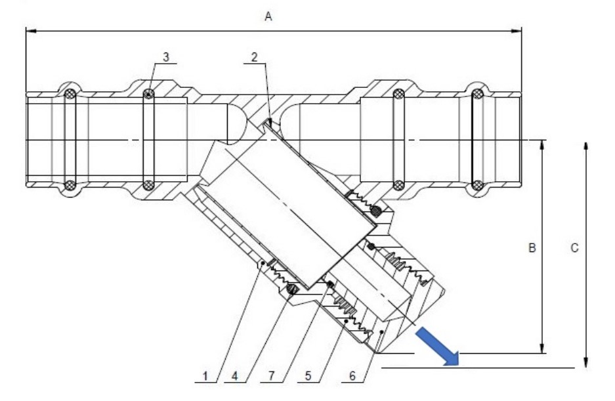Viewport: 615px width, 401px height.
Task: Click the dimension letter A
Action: pos(268,17)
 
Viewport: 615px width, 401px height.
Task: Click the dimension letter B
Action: pos(533,248)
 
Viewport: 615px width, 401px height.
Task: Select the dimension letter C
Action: pos(574,248)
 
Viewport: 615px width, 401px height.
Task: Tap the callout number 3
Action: pos(166,57)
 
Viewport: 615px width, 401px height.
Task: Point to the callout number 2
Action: pos(254,57)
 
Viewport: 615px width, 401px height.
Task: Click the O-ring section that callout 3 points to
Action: pos(149,95)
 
